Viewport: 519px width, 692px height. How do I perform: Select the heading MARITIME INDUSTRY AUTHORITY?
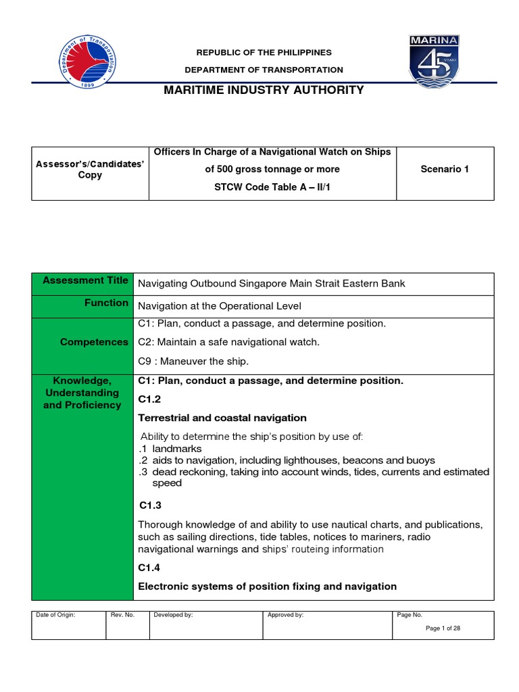tap(264, 90)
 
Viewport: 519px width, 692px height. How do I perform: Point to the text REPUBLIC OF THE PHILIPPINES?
tap(264, 53)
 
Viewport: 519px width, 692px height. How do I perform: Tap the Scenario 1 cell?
tap(444, 169)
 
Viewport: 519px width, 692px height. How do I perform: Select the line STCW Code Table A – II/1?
tap(272, 187)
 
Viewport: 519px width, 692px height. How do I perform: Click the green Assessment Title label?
tap(84, 280)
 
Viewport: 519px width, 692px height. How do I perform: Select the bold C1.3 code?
tap(151, 505)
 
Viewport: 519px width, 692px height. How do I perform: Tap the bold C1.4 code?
tap(151, 568)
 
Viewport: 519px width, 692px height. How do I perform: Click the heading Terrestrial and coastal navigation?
tap(222, 418)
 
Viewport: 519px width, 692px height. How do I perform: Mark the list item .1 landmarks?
tap(171, 449)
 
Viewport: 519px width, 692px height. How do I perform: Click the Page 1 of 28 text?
tap(443, 628)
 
